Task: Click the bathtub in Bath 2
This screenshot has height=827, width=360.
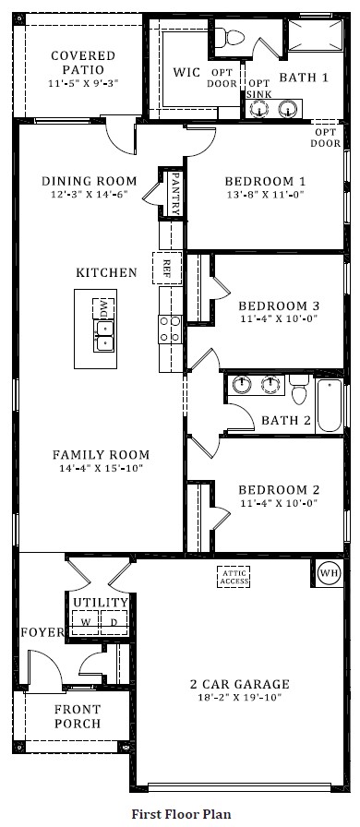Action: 330,403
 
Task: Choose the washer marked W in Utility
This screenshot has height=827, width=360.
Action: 86,622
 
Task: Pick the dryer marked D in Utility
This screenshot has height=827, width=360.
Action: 114,622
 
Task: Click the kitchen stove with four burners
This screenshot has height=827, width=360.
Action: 169,329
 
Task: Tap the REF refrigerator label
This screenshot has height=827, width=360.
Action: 167,269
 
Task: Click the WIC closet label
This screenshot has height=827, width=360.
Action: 187,73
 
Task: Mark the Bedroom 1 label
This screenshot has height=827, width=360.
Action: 252,181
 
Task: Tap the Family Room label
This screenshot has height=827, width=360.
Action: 101,455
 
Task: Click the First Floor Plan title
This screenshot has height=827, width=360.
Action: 180,813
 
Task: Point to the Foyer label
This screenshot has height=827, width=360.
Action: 42,632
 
